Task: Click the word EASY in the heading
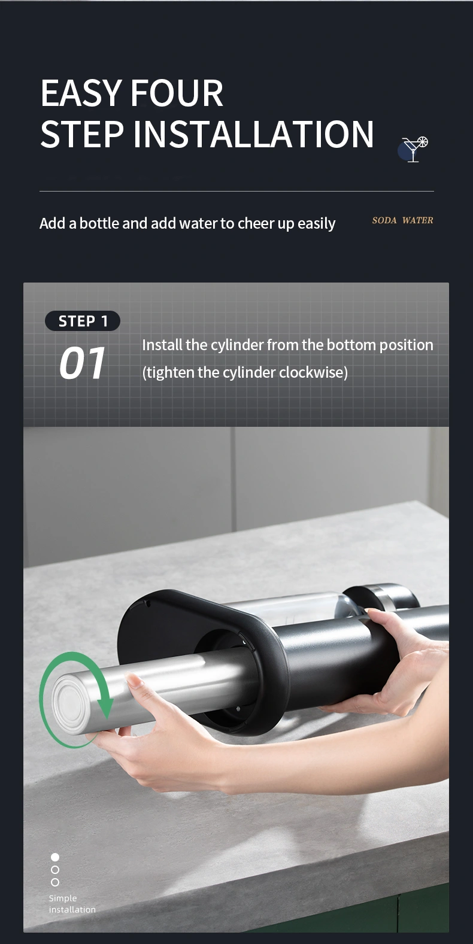[81, 93]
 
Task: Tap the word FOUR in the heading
[177, 93]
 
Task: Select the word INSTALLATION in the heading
[253, 134]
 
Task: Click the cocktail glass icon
[414, 149]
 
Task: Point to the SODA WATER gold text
[402, 220]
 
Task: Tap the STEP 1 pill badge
[83, 321]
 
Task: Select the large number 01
[82, 363]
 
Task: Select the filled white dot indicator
[55, 857]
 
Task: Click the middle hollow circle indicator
[55, 869]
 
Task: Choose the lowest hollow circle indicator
[55, 882]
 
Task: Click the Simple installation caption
[72, 903]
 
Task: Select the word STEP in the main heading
[82, 134]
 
